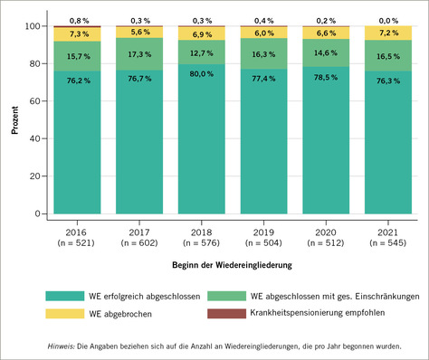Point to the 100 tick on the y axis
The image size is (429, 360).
click(x=34, y=26)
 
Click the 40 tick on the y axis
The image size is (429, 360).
click(x=37, y=139)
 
